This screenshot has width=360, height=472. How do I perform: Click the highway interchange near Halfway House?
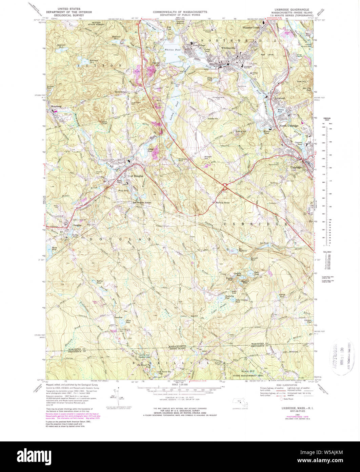coord(225,186)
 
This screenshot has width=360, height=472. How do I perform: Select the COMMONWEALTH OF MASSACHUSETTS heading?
coord(180,12)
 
